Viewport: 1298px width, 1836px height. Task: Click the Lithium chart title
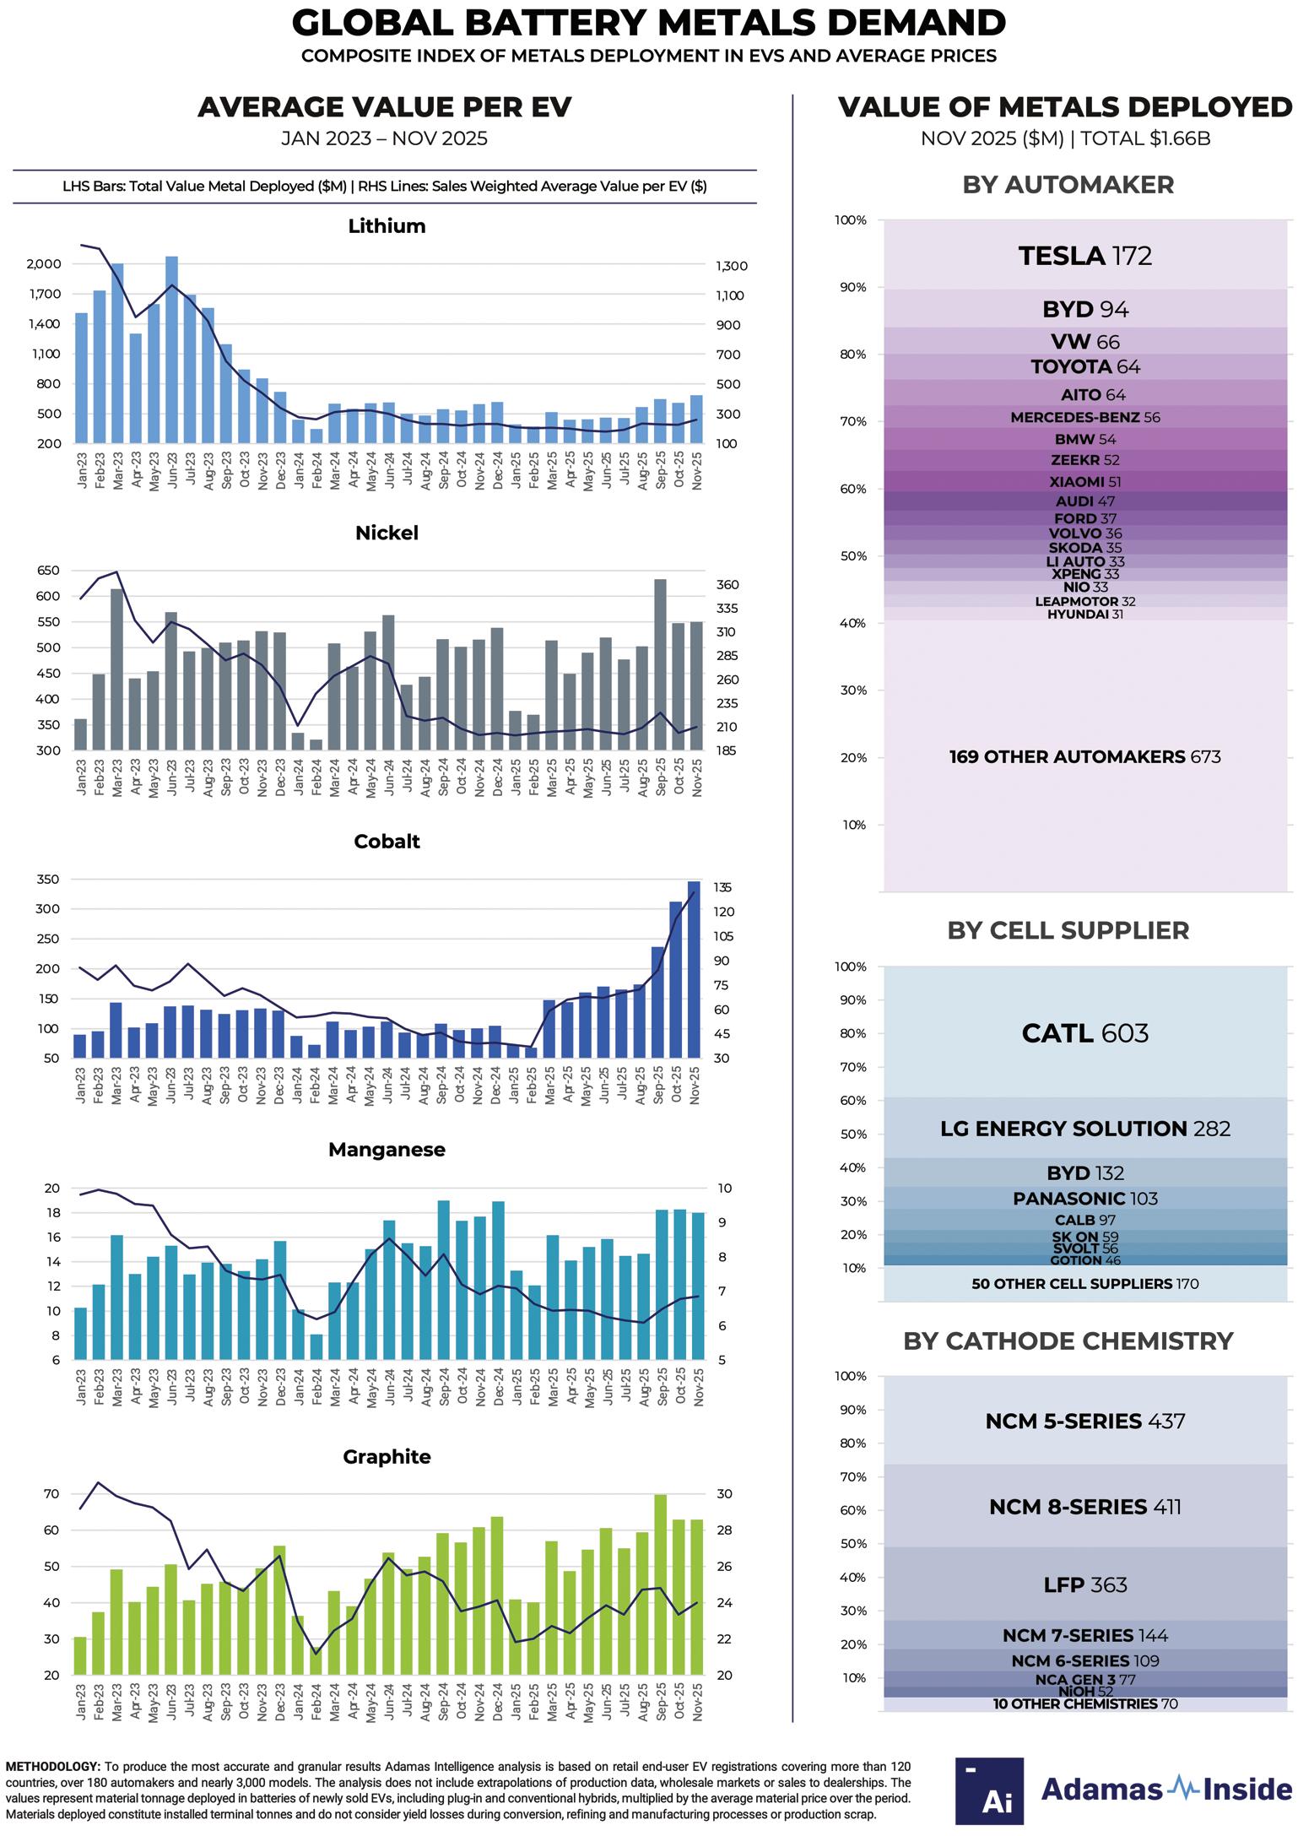[387, 226]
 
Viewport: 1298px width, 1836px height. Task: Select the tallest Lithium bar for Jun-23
[171, 350]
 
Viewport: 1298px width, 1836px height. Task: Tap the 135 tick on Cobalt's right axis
[722, 888]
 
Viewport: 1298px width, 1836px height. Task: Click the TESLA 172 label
[1084, 256]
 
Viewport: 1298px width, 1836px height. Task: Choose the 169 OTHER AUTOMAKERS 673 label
[1084, 757]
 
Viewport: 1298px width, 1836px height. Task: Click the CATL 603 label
[1084, 1033]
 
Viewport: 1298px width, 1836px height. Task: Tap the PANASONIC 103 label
[1084, 1199]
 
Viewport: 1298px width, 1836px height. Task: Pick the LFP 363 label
[1084, 1585]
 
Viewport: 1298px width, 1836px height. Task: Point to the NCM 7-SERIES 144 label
[1084, 1636]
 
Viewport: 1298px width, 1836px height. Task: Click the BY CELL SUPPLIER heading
[1068, 930]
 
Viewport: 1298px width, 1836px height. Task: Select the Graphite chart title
[387, 1457]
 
